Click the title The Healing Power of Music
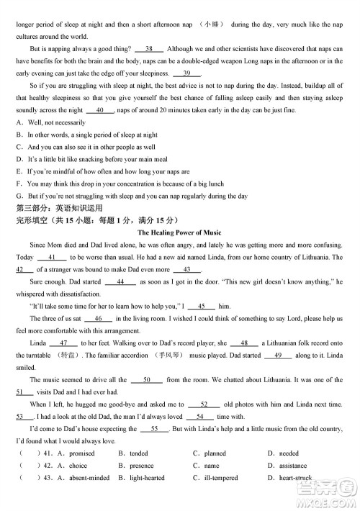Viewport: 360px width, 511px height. point(179,232)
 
